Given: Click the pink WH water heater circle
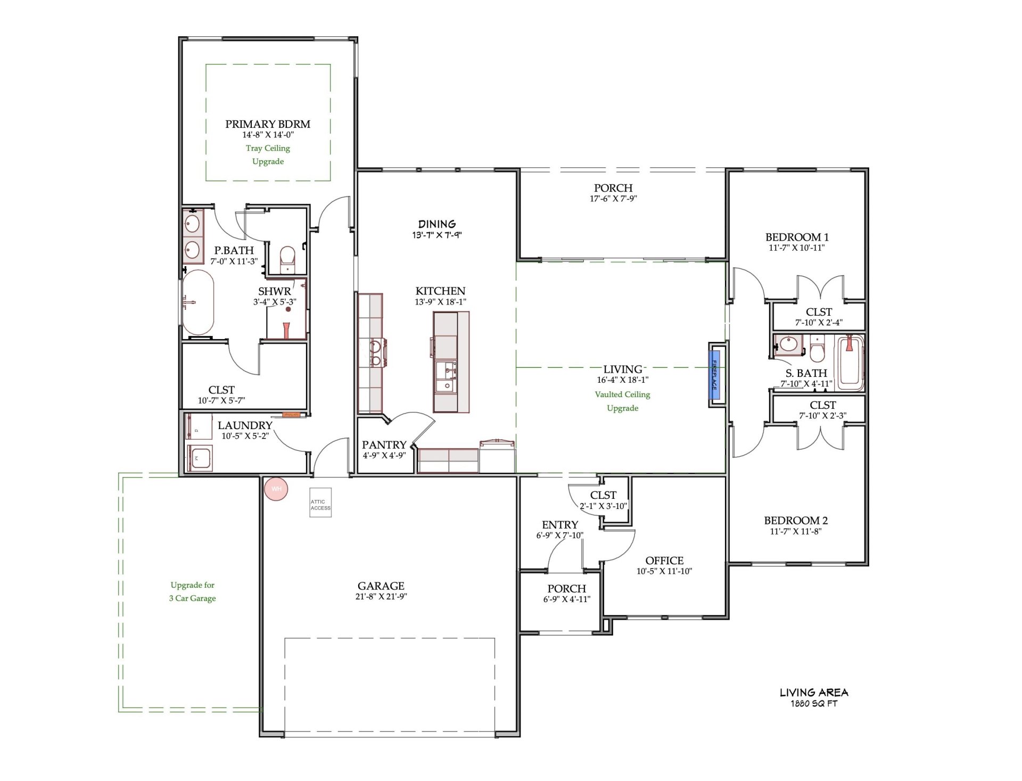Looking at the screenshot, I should pos(276,489).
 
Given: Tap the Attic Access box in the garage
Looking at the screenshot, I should pos(320,503).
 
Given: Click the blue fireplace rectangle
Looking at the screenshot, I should pos(715,374).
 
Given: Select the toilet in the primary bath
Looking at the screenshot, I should pos(287,257).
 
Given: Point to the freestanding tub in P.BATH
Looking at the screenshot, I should pos(198,302).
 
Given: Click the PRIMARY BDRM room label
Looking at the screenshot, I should pos(268,124).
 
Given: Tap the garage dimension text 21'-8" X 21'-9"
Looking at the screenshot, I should pos(381,597).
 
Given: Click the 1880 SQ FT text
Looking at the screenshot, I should pos(814,704).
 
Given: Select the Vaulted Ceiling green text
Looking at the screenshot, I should pos(622,394).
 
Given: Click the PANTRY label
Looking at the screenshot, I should pos(384,445).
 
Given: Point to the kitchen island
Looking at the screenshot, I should pos(451,362).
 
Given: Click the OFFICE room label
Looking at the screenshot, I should pos(664,561).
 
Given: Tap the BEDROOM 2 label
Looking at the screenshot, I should pos(796,521).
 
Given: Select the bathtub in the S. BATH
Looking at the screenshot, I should pos(850,361).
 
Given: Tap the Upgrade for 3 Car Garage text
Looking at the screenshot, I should pos(193,591).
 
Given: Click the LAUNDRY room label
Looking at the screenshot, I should pos(245,425).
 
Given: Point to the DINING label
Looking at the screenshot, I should pos(436,224).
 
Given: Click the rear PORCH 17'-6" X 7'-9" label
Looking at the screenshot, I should pos(613,188).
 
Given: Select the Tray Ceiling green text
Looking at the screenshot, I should pos(268,149).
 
